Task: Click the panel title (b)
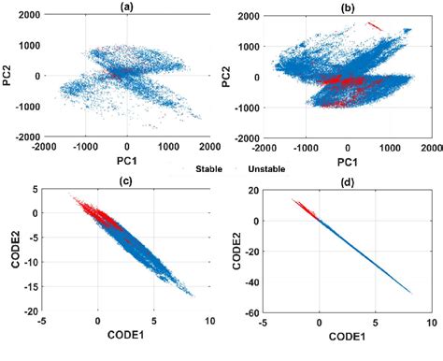pos(348,7)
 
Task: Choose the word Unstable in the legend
pos(265,169)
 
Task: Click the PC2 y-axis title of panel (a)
pos(9,75)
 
